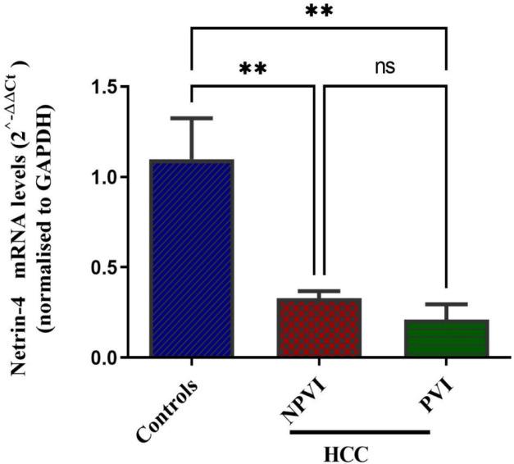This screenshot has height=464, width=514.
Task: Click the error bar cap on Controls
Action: (x=191, y=118)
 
